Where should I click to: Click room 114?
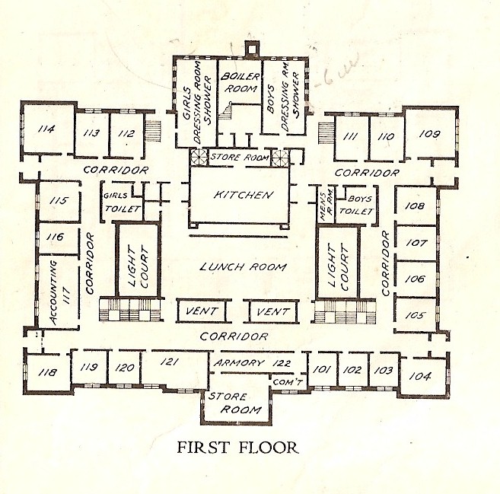pyautogui.click(x=46, y=129)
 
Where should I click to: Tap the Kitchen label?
pyautogui.click(x=243, y=196)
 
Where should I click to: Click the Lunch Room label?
pyautogui.click(x=243, y=267)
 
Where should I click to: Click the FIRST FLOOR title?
pyautogui.click(x=234, y=447)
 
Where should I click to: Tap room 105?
pyautogui.click(x=415, y=315)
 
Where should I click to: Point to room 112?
pyautogui.click(x=126, y=134)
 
